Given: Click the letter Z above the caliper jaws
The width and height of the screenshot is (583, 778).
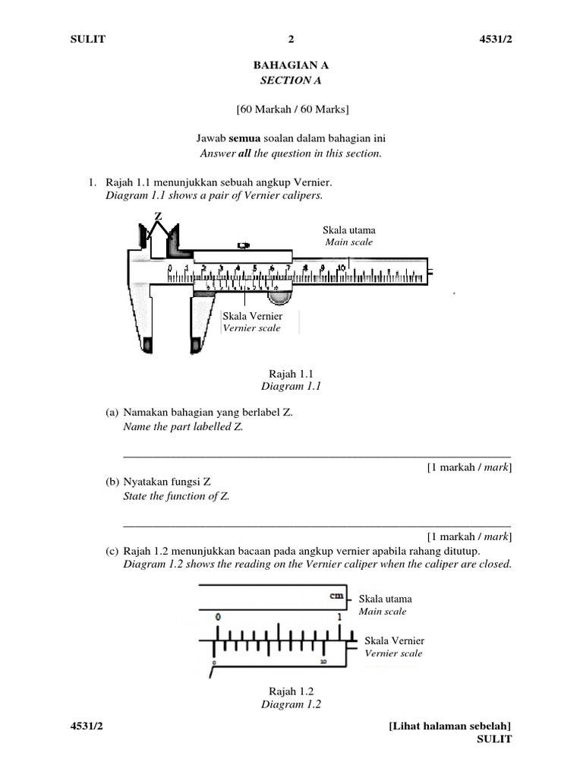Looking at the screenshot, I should [x=159, y=217].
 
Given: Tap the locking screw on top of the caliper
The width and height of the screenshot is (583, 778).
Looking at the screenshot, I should [x=243, y=245].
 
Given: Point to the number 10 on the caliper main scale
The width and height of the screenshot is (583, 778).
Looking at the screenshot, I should [x=342, y=267].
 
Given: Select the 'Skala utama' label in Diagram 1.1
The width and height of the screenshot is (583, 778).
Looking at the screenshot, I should [x=349, y=230].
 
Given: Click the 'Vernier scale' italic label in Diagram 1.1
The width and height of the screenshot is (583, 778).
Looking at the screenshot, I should [x=251, y=328].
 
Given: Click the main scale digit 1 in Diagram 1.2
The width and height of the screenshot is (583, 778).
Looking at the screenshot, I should [x=339, y=618].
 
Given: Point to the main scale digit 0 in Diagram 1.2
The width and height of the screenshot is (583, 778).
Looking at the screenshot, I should [x=218, y=618].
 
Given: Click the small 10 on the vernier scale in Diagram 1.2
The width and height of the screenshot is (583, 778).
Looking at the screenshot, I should [x=323, y=663].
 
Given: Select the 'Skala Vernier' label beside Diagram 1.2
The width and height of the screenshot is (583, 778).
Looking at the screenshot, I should [x=394, y=640].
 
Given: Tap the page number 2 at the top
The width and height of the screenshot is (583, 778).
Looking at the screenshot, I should [x=291, y=40].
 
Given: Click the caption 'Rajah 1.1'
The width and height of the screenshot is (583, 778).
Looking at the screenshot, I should [x=291, y=373].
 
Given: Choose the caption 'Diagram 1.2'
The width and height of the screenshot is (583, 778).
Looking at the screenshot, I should [x=291, y=704].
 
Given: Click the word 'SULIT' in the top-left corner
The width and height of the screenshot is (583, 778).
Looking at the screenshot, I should [x=87, y=40].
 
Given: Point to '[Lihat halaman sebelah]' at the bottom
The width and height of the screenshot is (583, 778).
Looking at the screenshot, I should [x=450, y=726].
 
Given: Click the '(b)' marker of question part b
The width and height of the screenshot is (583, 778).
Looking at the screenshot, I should [x=112, y=482].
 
